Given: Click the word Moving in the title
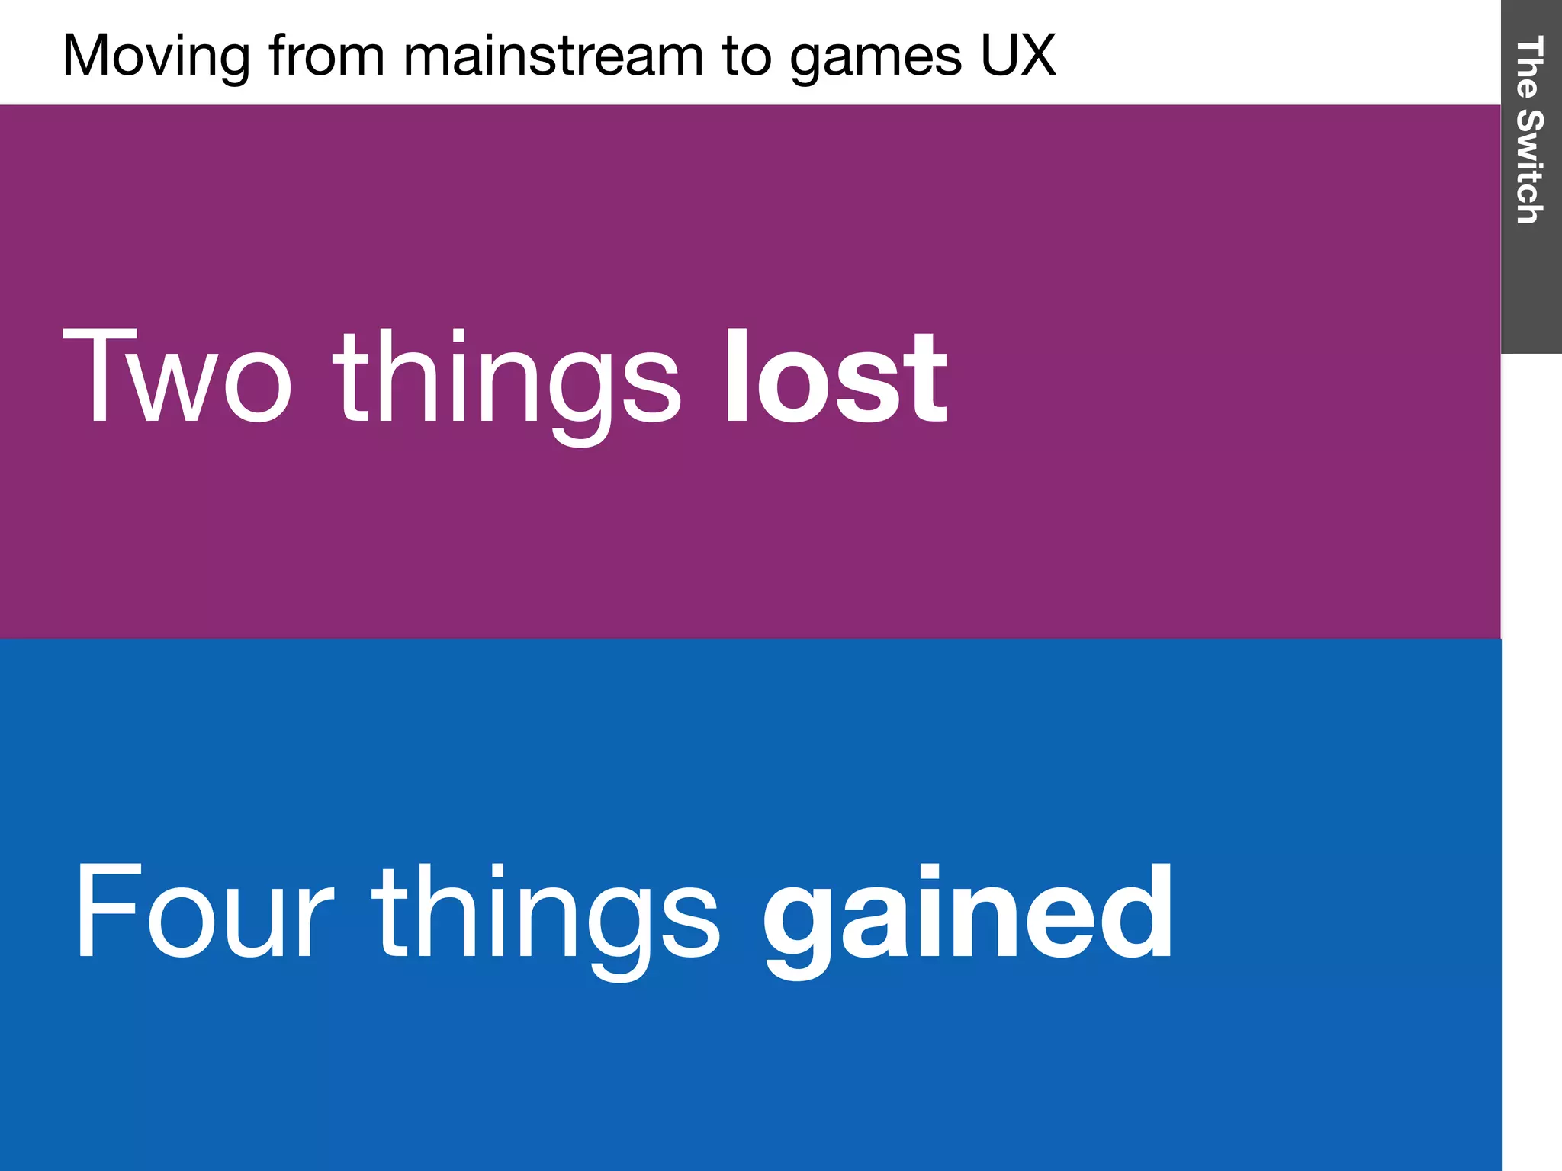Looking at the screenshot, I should pos(156,56).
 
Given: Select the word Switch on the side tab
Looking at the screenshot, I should pos(1530,166).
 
